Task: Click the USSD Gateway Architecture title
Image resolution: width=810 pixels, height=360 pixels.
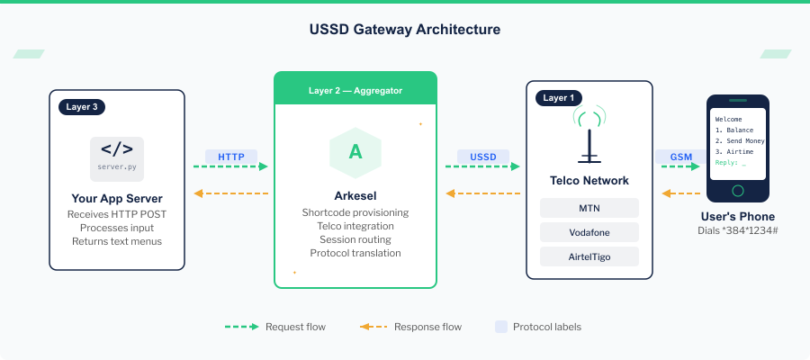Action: click(404, 30)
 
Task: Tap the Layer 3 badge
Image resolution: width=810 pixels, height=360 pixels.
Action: click(83, 106)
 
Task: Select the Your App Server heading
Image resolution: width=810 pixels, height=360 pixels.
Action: click(116, 199)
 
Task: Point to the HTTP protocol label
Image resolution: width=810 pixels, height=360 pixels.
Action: click(231, 156)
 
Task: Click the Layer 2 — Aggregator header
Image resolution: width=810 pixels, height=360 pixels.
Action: click(355, 91)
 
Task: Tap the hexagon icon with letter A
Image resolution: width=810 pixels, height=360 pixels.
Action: click(355, 152)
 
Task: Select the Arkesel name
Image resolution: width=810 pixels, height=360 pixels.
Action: click(355, 195)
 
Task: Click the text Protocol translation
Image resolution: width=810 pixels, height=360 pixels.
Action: click(355, 253)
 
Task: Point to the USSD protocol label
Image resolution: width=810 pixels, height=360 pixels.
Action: click(483, 156)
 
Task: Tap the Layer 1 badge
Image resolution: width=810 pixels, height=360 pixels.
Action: click(558, 97)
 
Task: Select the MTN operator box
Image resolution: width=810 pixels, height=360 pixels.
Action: click(589, 208)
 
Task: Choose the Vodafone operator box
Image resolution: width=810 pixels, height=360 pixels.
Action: click(589, 232)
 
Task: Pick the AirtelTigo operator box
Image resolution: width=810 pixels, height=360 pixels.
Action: click(589, 256)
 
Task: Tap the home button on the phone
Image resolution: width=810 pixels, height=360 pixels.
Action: click(738, 190)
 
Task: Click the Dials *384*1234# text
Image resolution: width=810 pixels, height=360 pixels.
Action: click(738, 232)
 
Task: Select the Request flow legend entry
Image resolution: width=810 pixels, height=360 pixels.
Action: click(275, 327)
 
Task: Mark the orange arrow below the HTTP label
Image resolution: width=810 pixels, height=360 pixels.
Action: click(231, 193)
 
